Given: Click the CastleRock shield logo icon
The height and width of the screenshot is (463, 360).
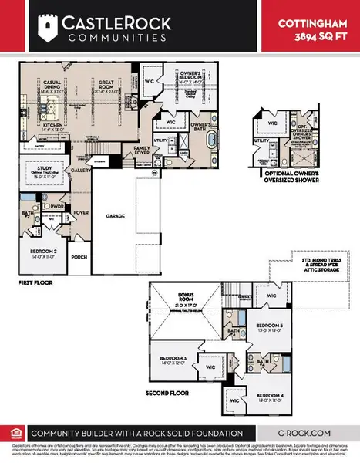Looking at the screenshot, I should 49,29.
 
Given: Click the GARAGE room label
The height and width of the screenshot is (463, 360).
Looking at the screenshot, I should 116,217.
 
